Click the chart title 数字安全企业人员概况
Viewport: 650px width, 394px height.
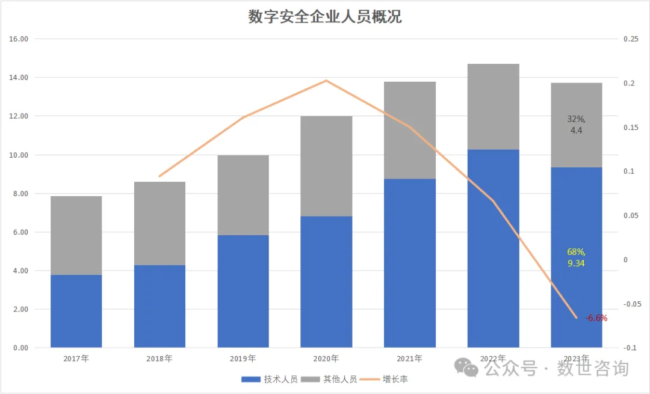325,17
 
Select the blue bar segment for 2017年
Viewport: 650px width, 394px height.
76,311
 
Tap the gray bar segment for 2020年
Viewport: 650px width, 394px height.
326,166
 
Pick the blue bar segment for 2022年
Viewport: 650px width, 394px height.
493,248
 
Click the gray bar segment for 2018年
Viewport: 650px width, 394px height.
159,223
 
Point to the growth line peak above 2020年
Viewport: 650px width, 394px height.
326,81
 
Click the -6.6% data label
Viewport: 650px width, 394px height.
596,318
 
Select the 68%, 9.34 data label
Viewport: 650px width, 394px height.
576,257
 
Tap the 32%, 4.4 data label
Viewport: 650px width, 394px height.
576,125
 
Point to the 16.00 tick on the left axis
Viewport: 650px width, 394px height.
19,39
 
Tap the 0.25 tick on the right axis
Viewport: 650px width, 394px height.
630,39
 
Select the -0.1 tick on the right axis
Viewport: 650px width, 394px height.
630,348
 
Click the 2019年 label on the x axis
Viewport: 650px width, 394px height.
243,359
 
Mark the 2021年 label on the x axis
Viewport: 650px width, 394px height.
409,359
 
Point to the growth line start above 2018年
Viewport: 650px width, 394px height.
159,176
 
